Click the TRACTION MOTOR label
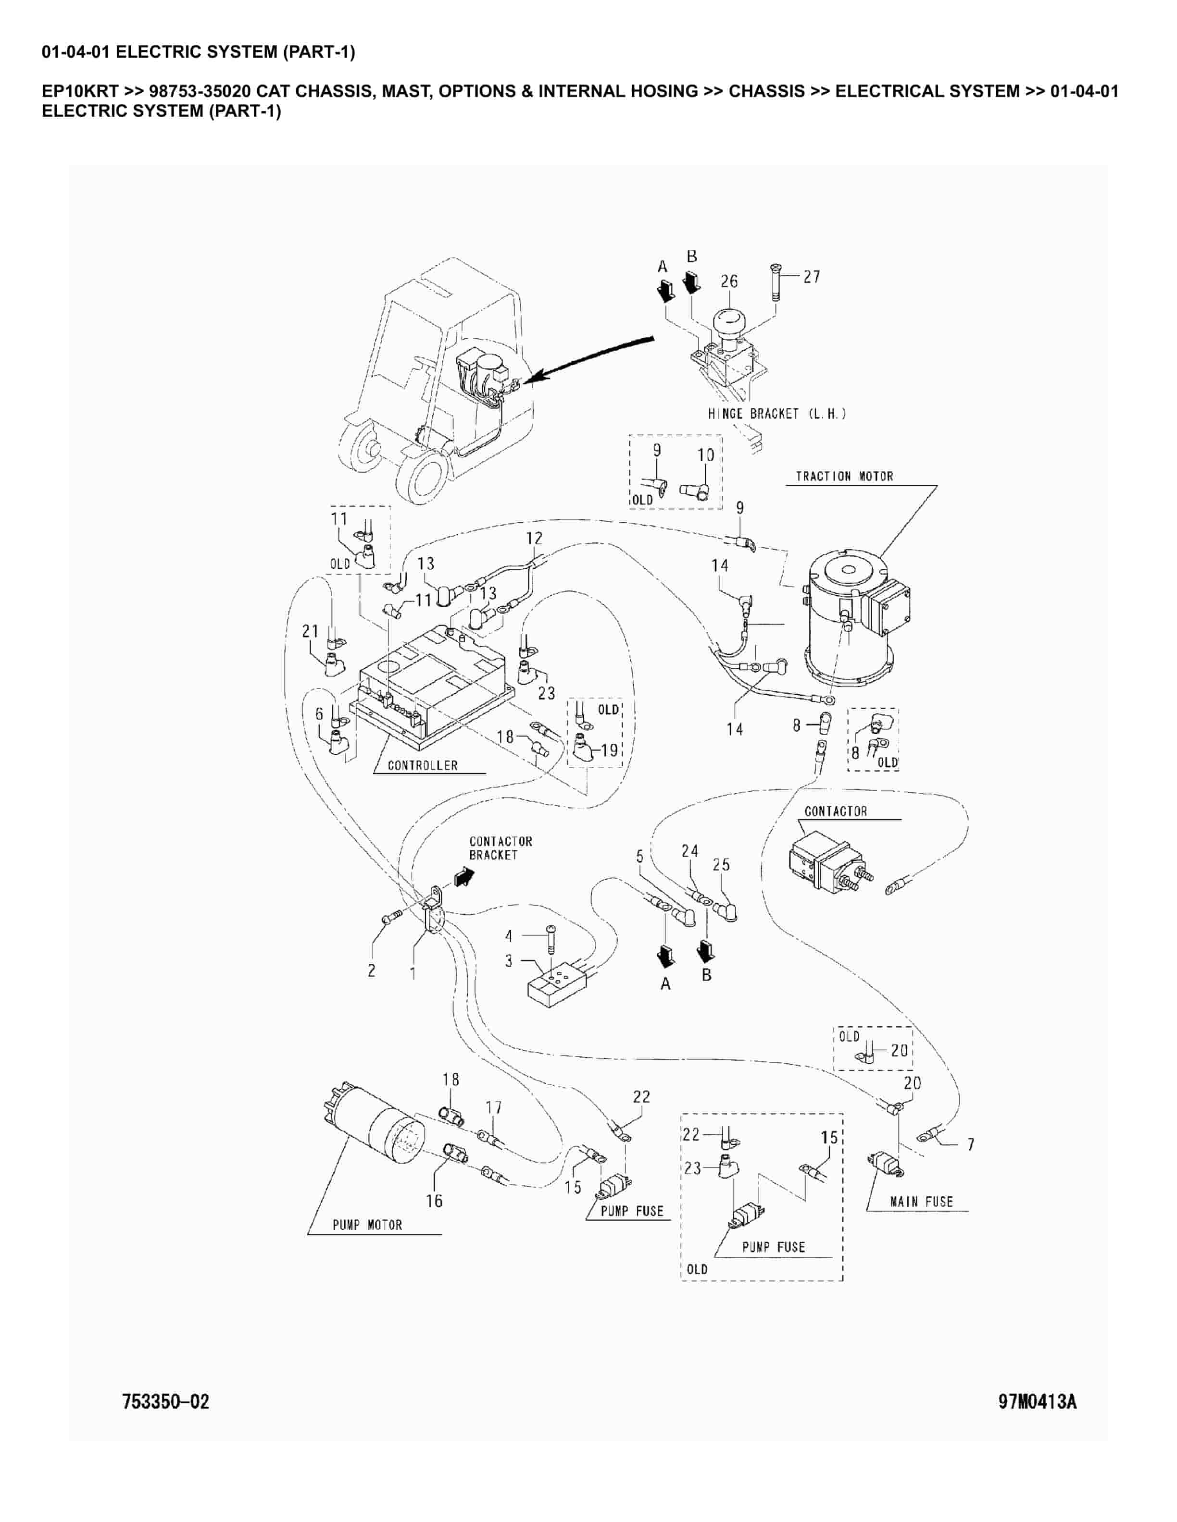[844, 477]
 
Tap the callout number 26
[728, 282]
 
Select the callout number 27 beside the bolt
[812, 277]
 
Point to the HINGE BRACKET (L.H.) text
[777, 414]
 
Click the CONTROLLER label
[423, 765]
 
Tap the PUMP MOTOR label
[367, 1225]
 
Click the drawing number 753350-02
[165, 1401]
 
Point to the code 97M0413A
[1037, 1401]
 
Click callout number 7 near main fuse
[971, 1144]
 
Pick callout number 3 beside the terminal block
[508, 960]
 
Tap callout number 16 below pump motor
[434, 1200]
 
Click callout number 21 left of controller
[310, 631]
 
